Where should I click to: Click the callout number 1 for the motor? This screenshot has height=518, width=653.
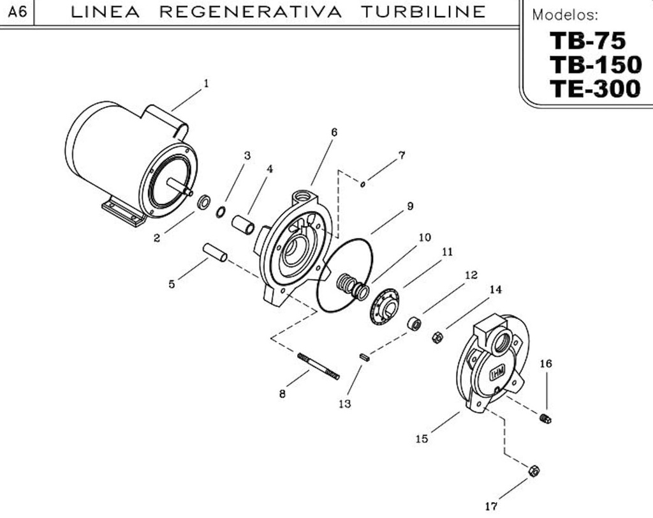(206, 83)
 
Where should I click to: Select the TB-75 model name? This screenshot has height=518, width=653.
(587, 41)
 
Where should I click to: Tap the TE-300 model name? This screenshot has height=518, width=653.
(594, 88)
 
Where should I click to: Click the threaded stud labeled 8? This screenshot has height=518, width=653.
(318, 366)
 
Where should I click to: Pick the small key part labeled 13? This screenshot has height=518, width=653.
(365, 358)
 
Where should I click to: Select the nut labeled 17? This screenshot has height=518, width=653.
(534, 471)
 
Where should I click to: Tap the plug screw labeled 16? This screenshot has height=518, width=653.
(545, 419)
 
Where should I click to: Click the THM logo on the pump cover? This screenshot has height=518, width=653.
(497, 373)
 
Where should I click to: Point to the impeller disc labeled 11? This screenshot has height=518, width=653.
(385, 307)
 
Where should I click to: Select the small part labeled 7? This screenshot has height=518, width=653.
(362, 185)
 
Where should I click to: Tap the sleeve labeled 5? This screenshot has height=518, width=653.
(215, 252)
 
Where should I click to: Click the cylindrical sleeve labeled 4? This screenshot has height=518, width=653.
(243, 225)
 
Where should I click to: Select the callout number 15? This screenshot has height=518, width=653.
(422, 439)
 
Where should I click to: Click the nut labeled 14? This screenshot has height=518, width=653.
(437, 337)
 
